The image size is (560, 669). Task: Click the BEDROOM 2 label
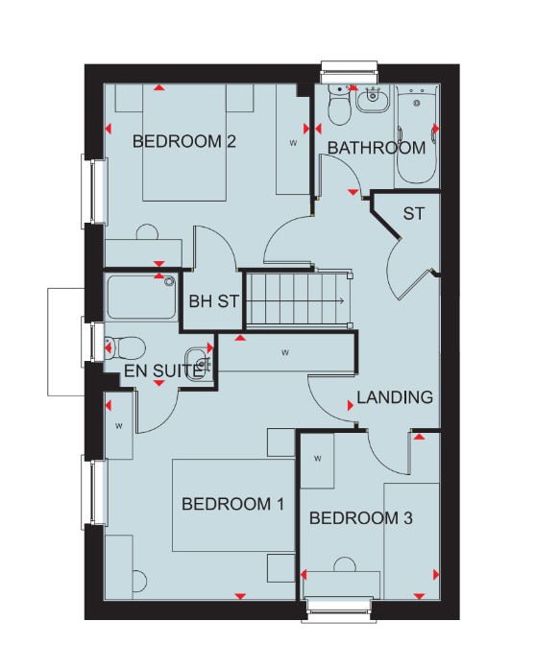pyautogui.click(x=184, y=141)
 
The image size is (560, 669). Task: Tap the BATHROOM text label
pyautogui.click(x=377, y=148)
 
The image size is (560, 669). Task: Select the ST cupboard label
pyautogui.click(x=414, y=213)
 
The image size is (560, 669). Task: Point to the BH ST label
pyautogui.click(x=213, y=301)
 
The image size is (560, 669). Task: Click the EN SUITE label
pyautogui.click(x=162, y=371)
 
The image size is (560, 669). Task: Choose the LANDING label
pyautogui.click(x=395, y=397)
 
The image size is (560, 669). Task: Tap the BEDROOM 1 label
pyautogui.click(x=232, y=504)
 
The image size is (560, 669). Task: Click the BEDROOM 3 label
pyautogui.click(x=360, y=518)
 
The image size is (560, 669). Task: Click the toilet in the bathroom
pyautogui.click(x=340, y=106)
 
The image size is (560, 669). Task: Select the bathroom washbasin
pyautogui.click(x=373, y=100)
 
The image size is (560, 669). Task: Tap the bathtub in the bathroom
pyautogui.click(x=417, y=134)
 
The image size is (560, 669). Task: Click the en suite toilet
pyautogui.click(x=125, y=347)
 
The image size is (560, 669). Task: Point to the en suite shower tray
pyautogui.click(x=141, y=298)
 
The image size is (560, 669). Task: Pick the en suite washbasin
pyautogui.click(x=198, y=362)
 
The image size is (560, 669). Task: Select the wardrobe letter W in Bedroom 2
pyautogui.click(x=293, y=143)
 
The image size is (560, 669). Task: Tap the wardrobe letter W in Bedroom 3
pyautogui.click(x=318, y=459)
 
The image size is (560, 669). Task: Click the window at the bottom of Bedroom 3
pyautogui.click(x=339, y=610)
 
